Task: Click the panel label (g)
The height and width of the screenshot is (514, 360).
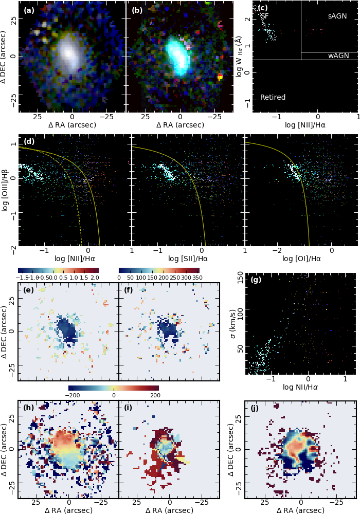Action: pyautogui.click(x=256, y=280)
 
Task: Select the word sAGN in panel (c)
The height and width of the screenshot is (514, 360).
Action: pyautogui.click(x=337, y=16)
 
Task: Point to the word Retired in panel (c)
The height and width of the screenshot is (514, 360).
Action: pyautogui.click(x=273, y=97)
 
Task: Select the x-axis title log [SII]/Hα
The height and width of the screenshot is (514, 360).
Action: pyautogui.click(x=188, y=258)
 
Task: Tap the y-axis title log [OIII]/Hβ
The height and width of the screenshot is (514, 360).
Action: pyautogui.click(x=6, y=191)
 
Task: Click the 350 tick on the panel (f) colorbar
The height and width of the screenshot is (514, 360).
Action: pyautogui.click(x=192, y=278)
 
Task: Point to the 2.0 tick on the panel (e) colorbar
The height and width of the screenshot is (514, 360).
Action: pyautogui.click(x=94, y=278)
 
